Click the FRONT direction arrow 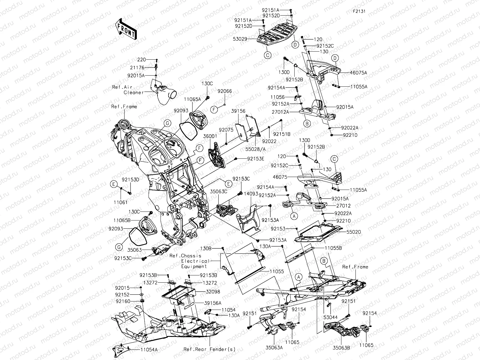[x=126, y=29]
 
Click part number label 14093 [x=251, y=194]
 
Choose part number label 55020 [x=354, y=232]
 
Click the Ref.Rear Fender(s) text [x=210, y=349]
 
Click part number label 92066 [x=225, y=91]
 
